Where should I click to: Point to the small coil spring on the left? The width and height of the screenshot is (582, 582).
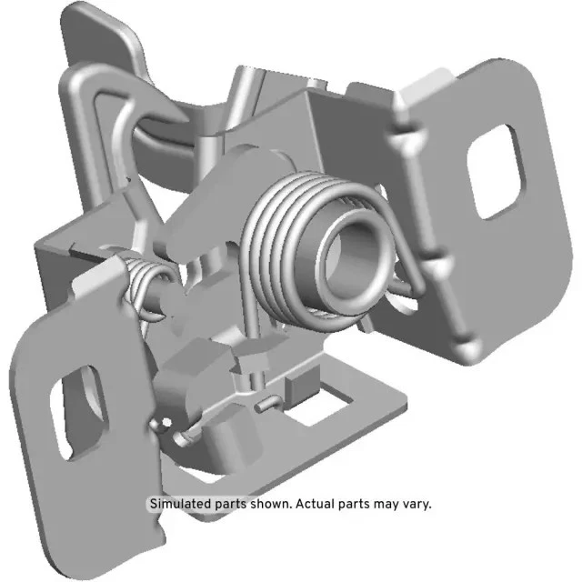click(x=145, y=277)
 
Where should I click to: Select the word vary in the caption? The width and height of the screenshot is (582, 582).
click(x=415, y=503)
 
